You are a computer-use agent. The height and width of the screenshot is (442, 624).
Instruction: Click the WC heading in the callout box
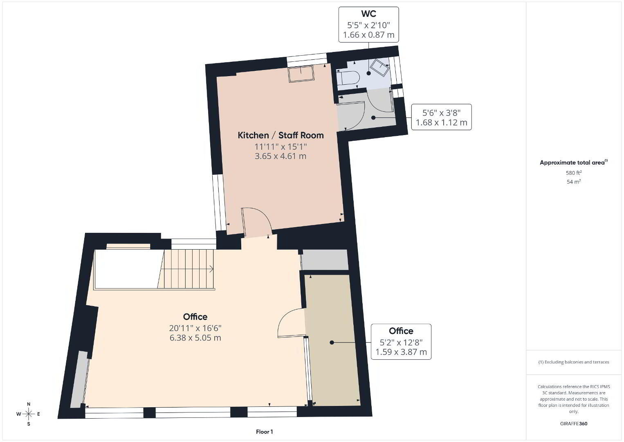[368, 14]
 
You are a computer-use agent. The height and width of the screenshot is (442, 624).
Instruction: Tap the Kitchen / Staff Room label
[281, 135]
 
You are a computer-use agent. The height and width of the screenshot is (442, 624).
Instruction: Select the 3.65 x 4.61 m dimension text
[281, 156]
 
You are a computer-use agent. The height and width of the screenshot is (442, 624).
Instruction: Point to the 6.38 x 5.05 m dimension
[195, 338]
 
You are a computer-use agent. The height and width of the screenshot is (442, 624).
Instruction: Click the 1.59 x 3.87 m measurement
[401, 352]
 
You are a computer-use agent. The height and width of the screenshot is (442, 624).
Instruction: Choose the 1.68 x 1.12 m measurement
[442, 122]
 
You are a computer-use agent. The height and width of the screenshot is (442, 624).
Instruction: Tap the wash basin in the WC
[379, 67]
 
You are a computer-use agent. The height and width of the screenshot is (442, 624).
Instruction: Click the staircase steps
[186, 269]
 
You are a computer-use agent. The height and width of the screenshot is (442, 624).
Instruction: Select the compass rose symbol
[28, 414]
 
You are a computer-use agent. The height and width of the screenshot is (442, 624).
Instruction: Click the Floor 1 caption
[265, 432]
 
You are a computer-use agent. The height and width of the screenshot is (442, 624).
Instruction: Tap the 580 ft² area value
[574, 173]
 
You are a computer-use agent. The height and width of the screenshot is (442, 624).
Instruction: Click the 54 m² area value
[574, 182]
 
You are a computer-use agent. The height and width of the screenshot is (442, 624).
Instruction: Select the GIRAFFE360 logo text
[574, 424]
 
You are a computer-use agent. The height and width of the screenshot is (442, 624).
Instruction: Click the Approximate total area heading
[574, 162]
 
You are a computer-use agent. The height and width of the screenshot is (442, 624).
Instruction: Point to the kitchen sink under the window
[301, 74]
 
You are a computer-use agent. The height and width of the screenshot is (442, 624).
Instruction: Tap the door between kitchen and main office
[256, 222]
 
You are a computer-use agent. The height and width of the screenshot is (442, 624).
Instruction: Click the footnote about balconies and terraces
[574, 362]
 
